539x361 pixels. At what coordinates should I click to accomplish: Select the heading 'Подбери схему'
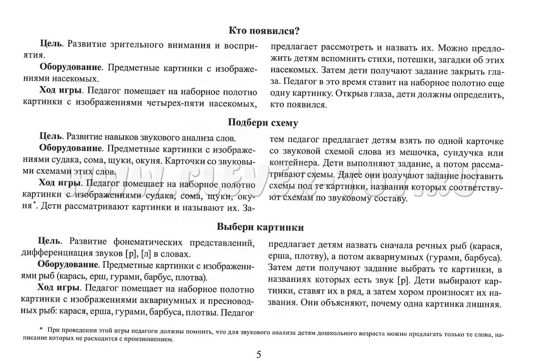263,123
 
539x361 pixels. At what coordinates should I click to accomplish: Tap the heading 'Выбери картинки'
260,227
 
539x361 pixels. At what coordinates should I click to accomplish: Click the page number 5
259,354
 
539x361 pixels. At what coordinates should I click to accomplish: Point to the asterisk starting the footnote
41,329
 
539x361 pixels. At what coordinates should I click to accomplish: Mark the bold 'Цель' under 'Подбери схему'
51,137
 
